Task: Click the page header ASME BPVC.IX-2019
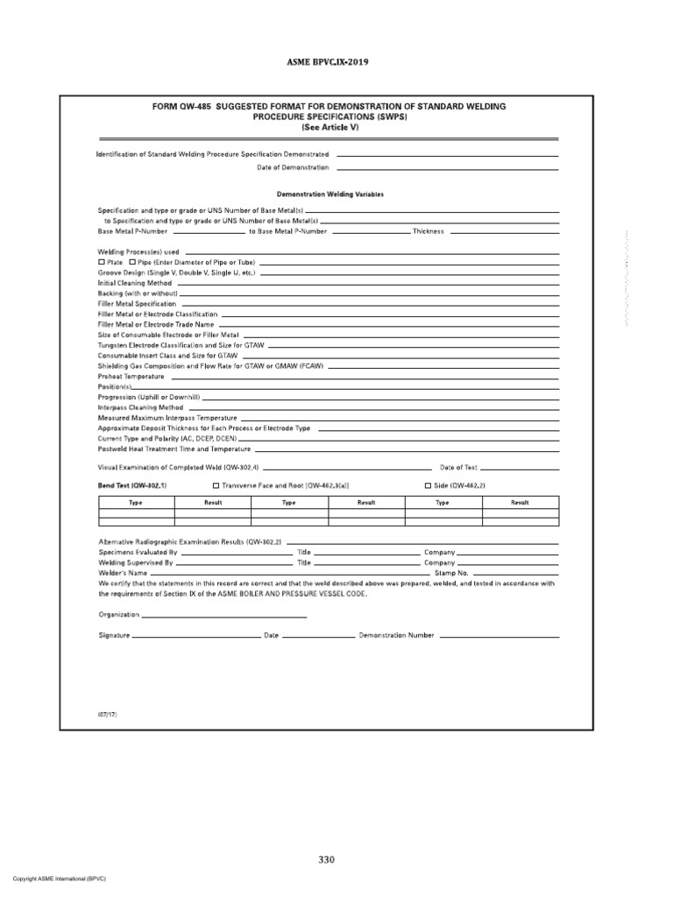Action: pyautogui.click(x=336, y=64)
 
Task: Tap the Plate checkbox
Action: pyautogui.click(x=102, y=262)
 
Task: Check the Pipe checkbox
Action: pyautogui.click(x=132, y=262)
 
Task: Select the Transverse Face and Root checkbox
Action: pyautogui.click(x=216, y=484)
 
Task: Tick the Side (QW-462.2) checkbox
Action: pyautogui.click(x=428, y=484)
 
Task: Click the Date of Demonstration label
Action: pyautogui.click(x=293, y=166)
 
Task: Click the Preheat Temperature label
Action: pyautogui.click(x=131, y=376)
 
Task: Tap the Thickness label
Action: pyautogui.click(x=429, y=231)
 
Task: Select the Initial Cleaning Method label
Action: pyautogui.click(x=134, y=284)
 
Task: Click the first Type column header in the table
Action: pyautogui.click(x=136, y=503)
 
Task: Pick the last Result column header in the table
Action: pyautogui.click(x=520, y=503)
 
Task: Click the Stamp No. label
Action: pyautogui.click(x=441, y=573)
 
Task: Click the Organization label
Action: pyautogui.click(x=119, y=615)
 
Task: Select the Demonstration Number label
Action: pyautogui.click(x=396, y=635)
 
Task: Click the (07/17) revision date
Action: pyautogui.click(x=107, y=715)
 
